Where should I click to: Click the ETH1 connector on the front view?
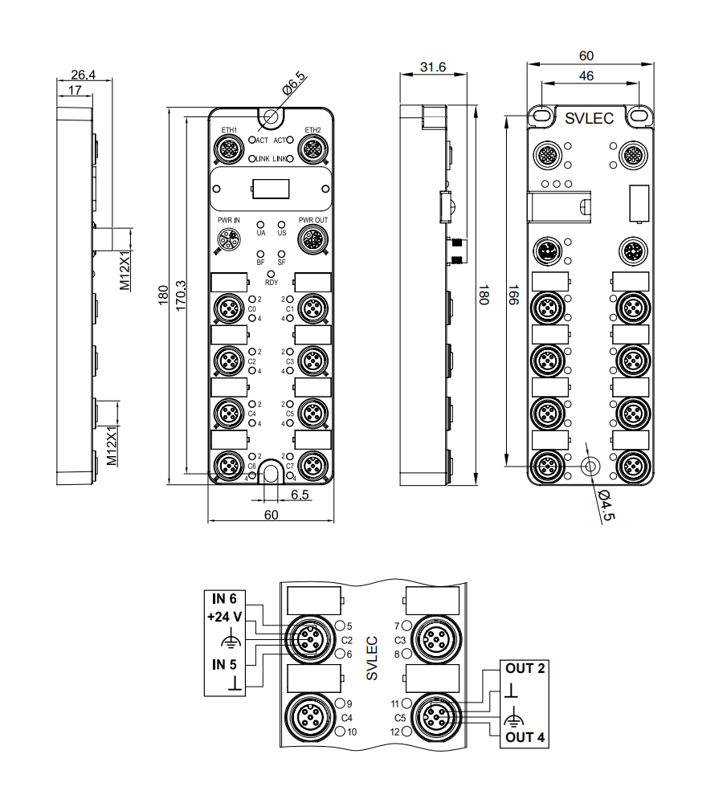tap(230, 149)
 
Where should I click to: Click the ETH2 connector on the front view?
tap(312, 149)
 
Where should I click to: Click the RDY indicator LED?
tap(272, 274)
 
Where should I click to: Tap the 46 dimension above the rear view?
tap(586, 75)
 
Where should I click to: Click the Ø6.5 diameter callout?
tap(294, 84)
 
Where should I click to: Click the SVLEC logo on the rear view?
tap(589, 118)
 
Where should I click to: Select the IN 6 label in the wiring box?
tap(224, 599)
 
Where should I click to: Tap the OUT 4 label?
tap(525, 737)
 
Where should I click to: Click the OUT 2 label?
tap(525, 668)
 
